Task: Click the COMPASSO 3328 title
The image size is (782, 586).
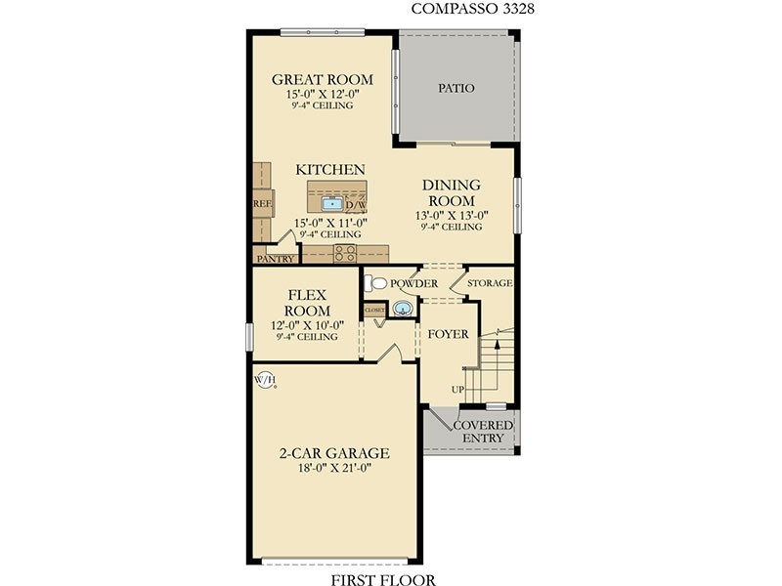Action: click(x=472, y=9)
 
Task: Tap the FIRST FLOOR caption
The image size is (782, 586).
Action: click(x=383, y=579)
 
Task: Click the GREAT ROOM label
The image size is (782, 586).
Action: click(x=323, y=79)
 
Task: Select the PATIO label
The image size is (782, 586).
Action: click(x=456, y=88)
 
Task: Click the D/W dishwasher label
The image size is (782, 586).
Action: click(x=356, y=205)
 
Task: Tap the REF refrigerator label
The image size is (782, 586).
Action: click(x=262, y=204)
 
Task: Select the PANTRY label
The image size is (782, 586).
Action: click(x=276, y=259)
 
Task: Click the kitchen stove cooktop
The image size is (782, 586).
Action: click(x=345, y=253)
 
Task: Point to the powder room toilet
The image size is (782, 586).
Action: click(x=375, y=283)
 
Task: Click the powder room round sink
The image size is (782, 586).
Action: click(x=403, y=309)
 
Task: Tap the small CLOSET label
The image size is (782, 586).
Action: click(x=374, y=310)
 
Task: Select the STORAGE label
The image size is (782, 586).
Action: click(x=490, y=283)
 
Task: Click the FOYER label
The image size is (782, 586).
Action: click(x=448, y=334)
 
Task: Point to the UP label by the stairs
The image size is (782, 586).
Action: click(x=457, y=389)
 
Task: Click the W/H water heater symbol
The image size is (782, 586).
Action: click(x=265, y=380)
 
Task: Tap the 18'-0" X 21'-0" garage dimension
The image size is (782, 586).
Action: click(x=334, y=468)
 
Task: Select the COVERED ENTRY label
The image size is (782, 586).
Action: click(x=483, y=432)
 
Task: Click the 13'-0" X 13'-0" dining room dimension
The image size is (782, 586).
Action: click(x=452, y=216)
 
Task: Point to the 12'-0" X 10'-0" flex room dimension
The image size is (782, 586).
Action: click(x=307, y=325)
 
